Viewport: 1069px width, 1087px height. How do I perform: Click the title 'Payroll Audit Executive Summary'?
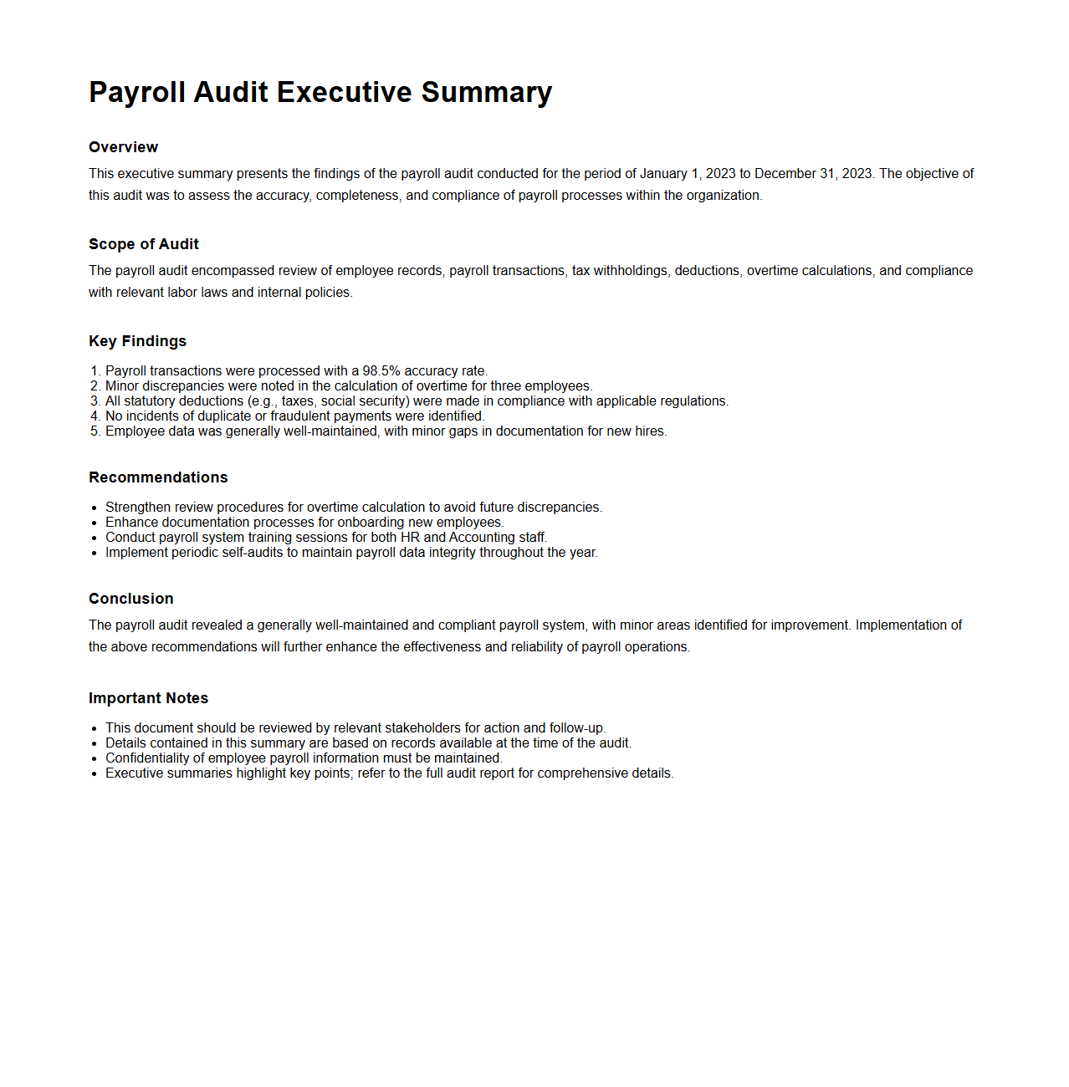tap(320, 92)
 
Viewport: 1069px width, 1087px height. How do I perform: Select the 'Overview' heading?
tap(123, 147)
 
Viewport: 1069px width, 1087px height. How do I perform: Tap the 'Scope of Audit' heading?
tap(144, 244)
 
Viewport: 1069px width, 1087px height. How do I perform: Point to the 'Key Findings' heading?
tap(137, 341)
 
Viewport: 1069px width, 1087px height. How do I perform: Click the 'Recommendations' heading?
tap(158, 477)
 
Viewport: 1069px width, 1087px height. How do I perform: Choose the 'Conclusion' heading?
tap(131, 599)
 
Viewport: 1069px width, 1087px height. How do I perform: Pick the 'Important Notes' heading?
tap(148, 698)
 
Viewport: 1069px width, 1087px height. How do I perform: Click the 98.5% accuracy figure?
tap(381, 371)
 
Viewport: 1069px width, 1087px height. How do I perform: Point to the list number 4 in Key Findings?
tap(95, 416)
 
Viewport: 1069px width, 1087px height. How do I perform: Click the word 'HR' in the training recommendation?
tap(410, 538)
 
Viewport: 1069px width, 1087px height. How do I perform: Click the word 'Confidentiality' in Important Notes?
tap(155, 758)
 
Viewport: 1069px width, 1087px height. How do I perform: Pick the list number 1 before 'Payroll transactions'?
tap(95, 371)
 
